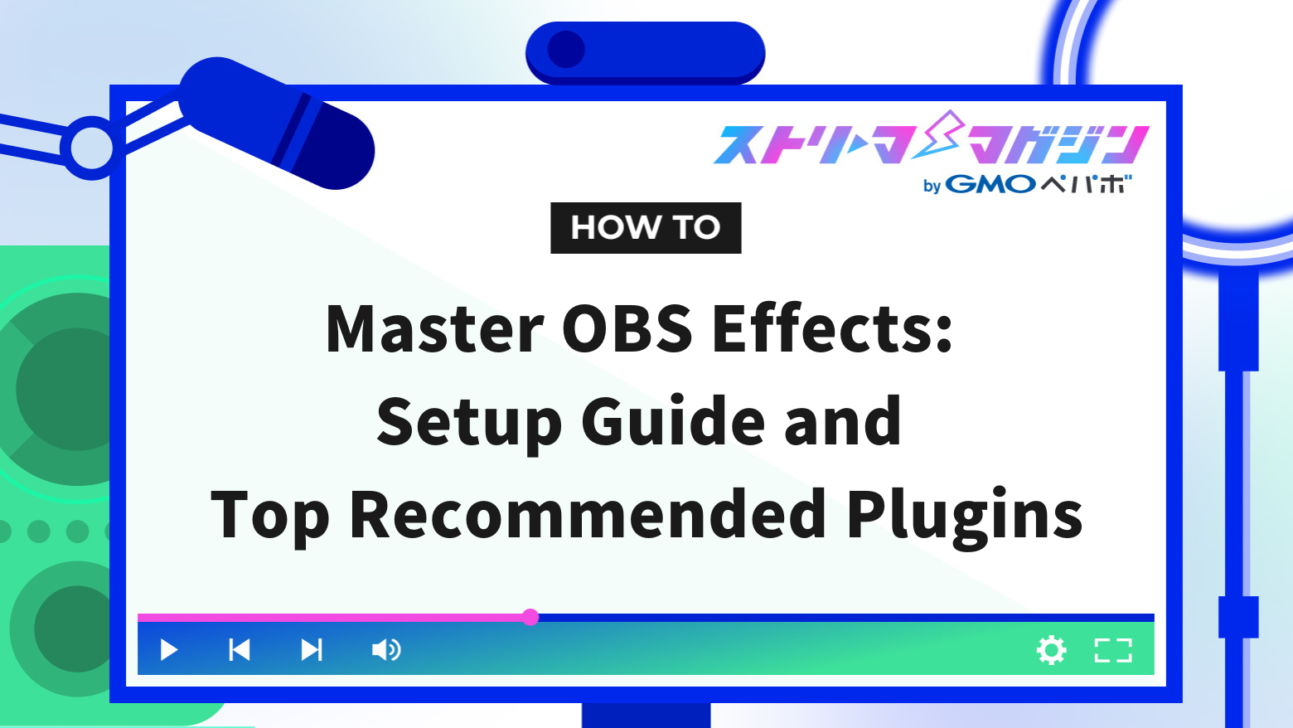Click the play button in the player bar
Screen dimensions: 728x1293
click(169, 650)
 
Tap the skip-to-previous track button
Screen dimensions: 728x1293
click(240, 650)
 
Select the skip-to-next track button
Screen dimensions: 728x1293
click(312, 650)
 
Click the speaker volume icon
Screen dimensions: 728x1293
click(385, 650)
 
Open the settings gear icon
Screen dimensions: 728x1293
click(1051, 650)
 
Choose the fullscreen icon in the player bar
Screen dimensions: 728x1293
click(1113, 650)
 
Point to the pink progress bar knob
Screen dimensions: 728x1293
click(530, 617)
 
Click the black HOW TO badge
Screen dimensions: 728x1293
click(646, 228)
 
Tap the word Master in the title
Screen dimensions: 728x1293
click(434, 329)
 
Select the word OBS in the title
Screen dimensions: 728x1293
click(627, 329)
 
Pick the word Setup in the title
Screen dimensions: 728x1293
click(469, 422)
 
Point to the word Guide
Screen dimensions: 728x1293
click(672, 422)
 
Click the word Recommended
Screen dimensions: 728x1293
click(588, 515)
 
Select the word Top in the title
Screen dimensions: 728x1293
click(270, 515)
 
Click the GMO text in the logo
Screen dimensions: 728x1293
click(990, 184)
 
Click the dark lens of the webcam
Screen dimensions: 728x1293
click(567, 50)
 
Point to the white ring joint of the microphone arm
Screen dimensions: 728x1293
click(90, 148)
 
